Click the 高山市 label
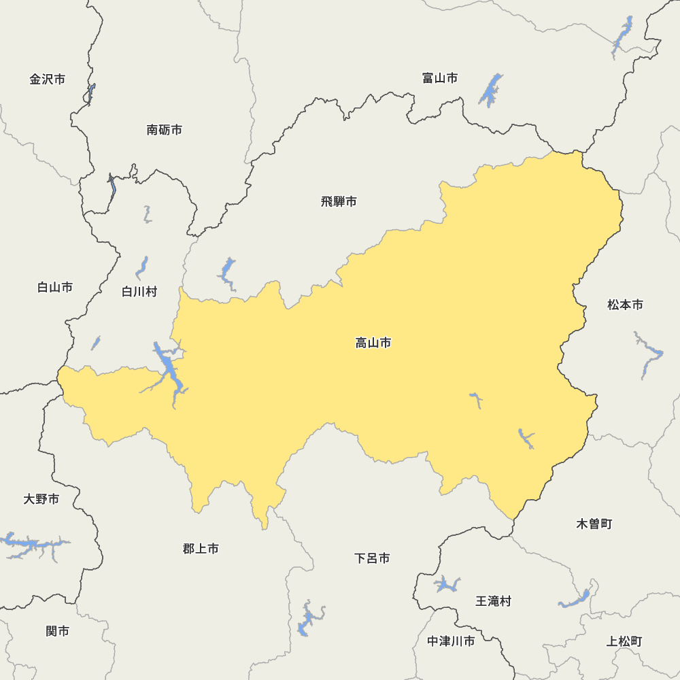point(373,343)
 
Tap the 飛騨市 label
point(339,202)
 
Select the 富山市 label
point(440,78)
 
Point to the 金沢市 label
point(48,80)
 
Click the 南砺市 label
point(165,130)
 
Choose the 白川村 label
point(139,292)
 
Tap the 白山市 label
point(55,288)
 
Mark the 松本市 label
point(625,305)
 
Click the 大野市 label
point(41,500)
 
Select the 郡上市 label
point(201,549)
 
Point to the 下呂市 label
point(373,558)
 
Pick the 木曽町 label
point(594,524)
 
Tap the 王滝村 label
point(493,601)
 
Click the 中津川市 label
point(451,641)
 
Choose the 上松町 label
point(624,641)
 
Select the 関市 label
point(58,632)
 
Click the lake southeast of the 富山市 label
point(491,90)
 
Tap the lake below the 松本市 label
point(649,354)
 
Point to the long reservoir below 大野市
point(34,545)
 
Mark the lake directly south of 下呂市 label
point(309,619)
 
